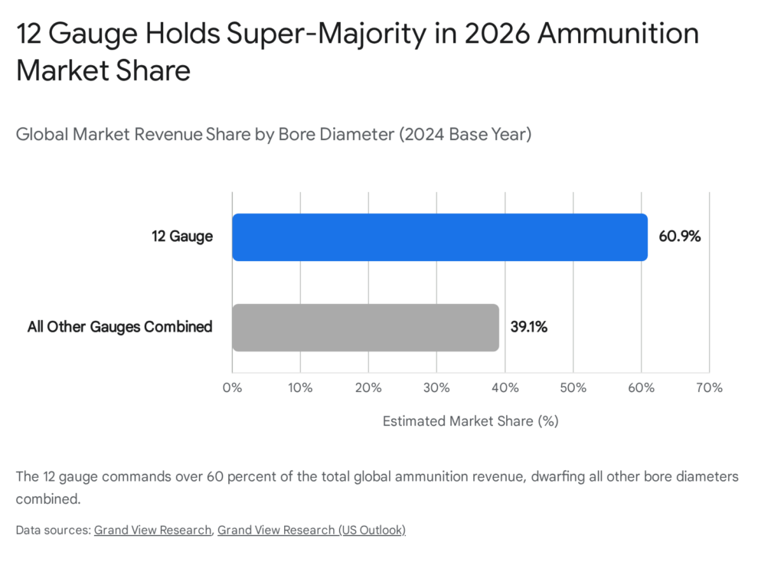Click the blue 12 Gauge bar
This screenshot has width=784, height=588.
439,237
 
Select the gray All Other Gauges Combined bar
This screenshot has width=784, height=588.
365,328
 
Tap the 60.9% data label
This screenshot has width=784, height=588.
679,237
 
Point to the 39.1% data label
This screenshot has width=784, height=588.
529,328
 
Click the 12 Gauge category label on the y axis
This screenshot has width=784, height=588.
181,237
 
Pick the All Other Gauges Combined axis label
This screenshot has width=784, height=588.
119,327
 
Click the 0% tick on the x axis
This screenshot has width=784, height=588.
232,387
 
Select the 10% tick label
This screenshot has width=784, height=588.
300,387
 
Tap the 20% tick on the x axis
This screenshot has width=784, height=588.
368,387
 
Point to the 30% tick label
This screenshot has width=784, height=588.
436,387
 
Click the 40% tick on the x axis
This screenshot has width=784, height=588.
505,387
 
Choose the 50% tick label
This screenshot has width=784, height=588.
573,387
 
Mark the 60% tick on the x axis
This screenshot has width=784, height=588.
641,387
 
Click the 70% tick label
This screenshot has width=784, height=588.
709,387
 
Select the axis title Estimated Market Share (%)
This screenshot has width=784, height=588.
471,421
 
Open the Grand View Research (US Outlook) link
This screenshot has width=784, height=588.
311,530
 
